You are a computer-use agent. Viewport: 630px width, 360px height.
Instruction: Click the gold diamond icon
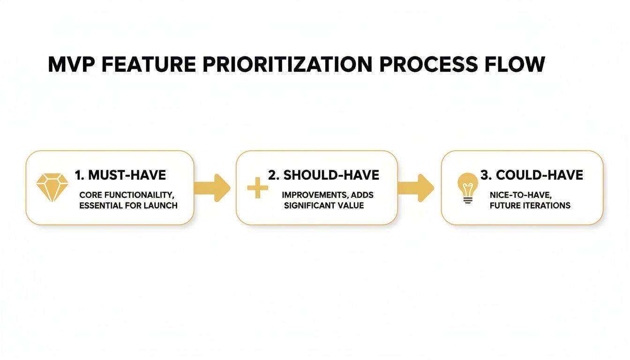click(52, 187)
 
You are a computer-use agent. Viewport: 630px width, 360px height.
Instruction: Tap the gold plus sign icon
click(257, 188)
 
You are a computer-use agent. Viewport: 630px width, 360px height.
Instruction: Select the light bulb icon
click(467, 187)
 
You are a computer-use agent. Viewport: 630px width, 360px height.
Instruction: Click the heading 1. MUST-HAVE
click(120, 176)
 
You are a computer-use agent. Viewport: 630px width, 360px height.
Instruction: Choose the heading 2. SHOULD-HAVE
click(323, 175)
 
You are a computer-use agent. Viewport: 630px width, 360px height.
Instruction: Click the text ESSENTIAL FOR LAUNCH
click(128, 205)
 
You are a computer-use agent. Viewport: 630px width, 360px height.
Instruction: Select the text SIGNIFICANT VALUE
click(324, 205)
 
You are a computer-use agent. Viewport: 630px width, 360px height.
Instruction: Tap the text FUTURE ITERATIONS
click(530, 205)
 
